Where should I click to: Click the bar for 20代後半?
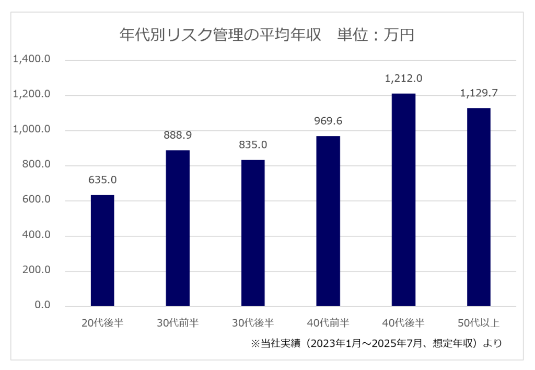point(102,250)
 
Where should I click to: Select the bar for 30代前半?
point(178,228)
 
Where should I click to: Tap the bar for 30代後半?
point(253,233)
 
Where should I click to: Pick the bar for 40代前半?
point(328,221)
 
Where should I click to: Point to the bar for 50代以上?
point(479,207)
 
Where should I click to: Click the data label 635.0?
point(102,180)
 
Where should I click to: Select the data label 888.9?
point(178,135)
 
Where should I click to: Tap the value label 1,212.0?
point(403,79)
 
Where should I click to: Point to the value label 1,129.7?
point(479,93)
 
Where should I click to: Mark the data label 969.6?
point(328,121)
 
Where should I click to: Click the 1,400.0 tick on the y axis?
point(32,60)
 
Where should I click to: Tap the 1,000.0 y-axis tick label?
point(32,130)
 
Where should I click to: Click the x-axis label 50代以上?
point(479,322)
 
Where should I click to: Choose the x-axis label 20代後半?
point(102,322)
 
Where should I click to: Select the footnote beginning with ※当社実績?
point(376,343)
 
